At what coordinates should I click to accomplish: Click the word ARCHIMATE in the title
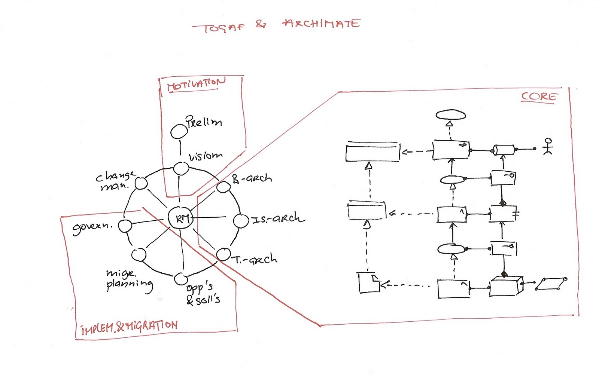point(321,24)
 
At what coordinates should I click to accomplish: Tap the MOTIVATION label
point(196,84)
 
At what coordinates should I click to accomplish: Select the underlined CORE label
point(539,97)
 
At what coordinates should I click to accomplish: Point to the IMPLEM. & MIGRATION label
point(130,327)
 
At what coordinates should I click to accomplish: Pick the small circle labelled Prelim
point(179,131)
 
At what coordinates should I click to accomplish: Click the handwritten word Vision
point(206,156)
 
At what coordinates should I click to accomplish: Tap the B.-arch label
point(252,178)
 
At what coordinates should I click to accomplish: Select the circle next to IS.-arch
point(241,221)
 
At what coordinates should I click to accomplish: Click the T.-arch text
point(256,259)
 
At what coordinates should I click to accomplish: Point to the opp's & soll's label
point(202,294)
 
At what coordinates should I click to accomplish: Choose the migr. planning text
point(129,280)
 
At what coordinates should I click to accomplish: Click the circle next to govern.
point(125,226)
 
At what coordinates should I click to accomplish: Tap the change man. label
point(115,181)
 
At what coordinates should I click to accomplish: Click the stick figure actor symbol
point(548,147)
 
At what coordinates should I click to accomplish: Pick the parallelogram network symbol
point(551,284)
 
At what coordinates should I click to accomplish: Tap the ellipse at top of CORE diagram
point(451,115)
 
